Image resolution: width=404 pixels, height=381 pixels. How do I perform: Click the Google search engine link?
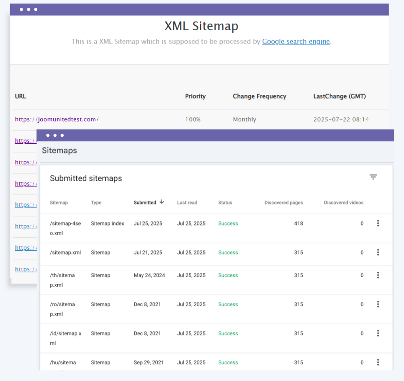[x=296, y=42]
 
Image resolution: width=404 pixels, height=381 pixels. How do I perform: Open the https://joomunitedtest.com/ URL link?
[x=57, y=119]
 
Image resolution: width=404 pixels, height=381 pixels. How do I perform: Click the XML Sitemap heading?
[x=201, y=26]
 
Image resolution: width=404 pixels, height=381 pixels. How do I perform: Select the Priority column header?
[x=195, y=96]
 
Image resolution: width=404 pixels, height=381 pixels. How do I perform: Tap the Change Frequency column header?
[x=259, y=96]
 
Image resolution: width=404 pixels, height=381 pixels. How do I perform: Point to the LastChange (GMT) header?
[x=339, y=96]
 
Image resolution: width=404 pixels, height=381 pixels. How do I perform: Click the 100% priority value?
[x=193, y=119]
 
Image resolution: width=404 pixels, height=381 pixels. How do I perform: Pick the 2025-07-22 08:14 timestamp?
[x=341, y=119]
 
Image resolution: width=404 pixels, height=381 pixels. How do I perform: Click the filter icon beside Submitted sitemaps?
[x=373, y=177]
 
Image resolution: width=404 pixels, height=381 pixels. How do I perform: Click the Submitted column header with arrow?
[x=149, y=203]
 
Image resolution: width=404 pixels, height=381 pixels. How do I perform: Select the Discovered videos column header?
[x=343, y=203]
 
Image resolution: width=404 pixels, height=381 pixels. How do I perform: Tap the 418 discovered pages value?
[x=298, y=224]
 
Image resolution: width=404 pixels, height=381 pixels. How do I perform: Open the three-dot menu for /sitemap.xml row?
[x=378, y=253]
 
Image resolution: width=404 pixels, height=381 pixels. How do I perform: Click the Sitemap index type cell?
[x=107, y=224]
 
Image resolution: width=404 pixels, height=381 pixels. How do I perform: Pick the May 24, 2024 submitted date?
[x=149, y=275]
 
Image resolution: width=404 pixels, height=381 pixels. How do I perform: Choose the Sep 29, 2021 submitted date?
[x=149, y=362]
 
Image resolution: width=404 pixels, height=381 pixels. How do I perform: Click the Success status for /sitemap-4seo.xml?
[x=228, y=224]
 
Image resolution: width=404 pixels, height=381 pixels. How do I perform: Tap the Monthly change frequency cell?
[x=245, y=119]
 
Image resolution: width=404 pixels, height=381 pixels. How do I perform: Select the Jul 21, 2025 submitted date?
[x=148, y=253]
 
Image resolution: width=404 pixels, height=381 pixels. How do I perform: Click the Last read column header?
[x=187, y=203]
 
